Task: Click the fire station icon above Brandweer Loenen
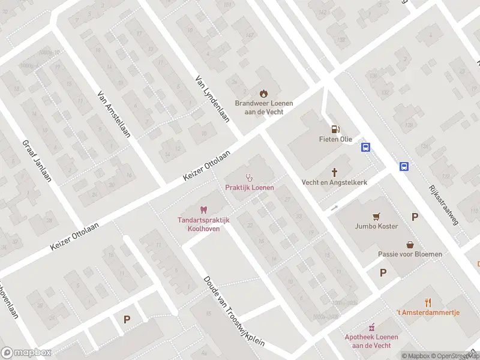click(263, 92)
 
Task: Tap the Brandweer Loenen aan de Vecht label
click(263, 107)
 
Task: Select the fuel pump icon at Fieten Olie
click(335, 128)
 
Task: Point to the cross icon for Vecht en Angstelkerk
click(335, 172)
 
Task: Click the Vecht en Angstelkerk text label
click(335, 182)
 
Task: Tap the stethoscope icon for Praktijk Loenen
click(250, 177)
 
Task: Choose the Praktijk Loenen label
click(250, 188)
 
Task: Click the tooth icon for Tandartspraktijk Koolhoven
click(203, 210)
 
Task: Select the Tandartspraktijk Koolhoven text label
click(203, 225)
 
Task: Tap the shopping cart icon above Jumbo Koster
click(376, 216)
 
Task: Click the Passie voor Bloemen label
click(410, 254)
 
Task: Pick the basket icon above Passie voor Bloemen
click(410, 244)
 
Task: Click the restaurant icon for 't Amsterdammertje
click(428, 302)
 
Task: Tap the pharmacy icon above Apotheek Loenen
click(372, 326)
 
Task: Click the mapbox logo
click(25, 353)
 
